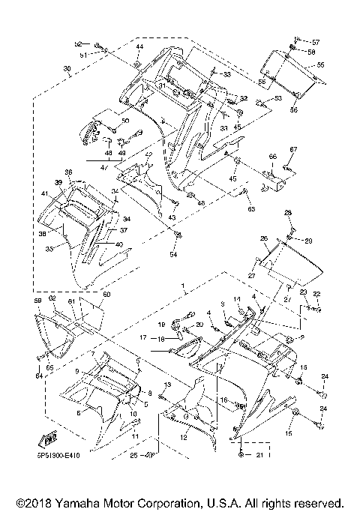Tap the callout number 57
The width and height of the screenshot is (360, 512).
316,41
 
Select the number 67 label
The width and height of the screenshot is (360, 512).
294,150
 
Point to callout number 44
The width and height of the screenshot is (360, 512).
139,47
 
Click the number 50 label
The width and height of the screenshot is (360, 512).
125,121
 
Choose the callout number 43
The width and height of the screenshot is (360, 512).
172,217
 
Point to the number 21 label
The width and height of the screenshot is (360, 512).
259,455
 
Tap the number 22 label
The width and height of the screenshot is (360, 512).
316,293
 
